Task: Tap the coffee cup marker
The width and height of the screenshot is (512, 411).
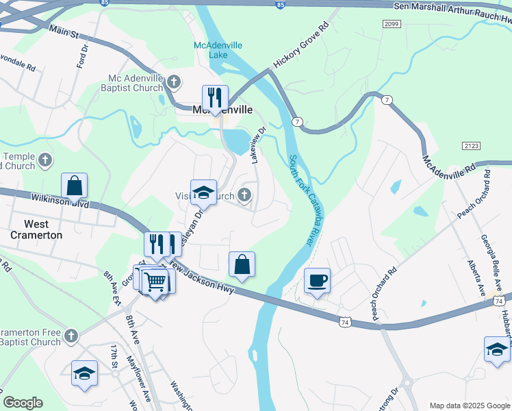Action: pos(317,280)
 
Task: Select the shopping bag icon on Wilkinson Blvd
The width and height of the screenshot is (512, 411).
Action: pos(74,186)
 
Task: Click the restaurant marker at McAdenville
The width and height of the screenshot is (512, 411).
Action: pos(215,99)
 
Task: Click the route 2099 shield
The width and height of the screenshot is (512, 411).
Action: pos(392,24)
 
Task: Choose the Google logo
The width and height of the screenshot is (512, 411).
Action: pos(23,403)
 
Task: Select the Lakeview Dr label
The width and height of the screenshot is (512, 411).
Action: pos(258,145)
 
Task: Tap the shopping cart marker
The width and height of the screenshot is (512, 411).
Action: pos(156,280)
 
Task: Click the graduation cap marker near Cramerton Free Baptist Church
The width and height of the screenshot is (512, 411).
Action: pos(84,373)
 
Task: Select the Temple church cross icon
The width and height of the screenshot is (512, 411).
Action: pos(45,161)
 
